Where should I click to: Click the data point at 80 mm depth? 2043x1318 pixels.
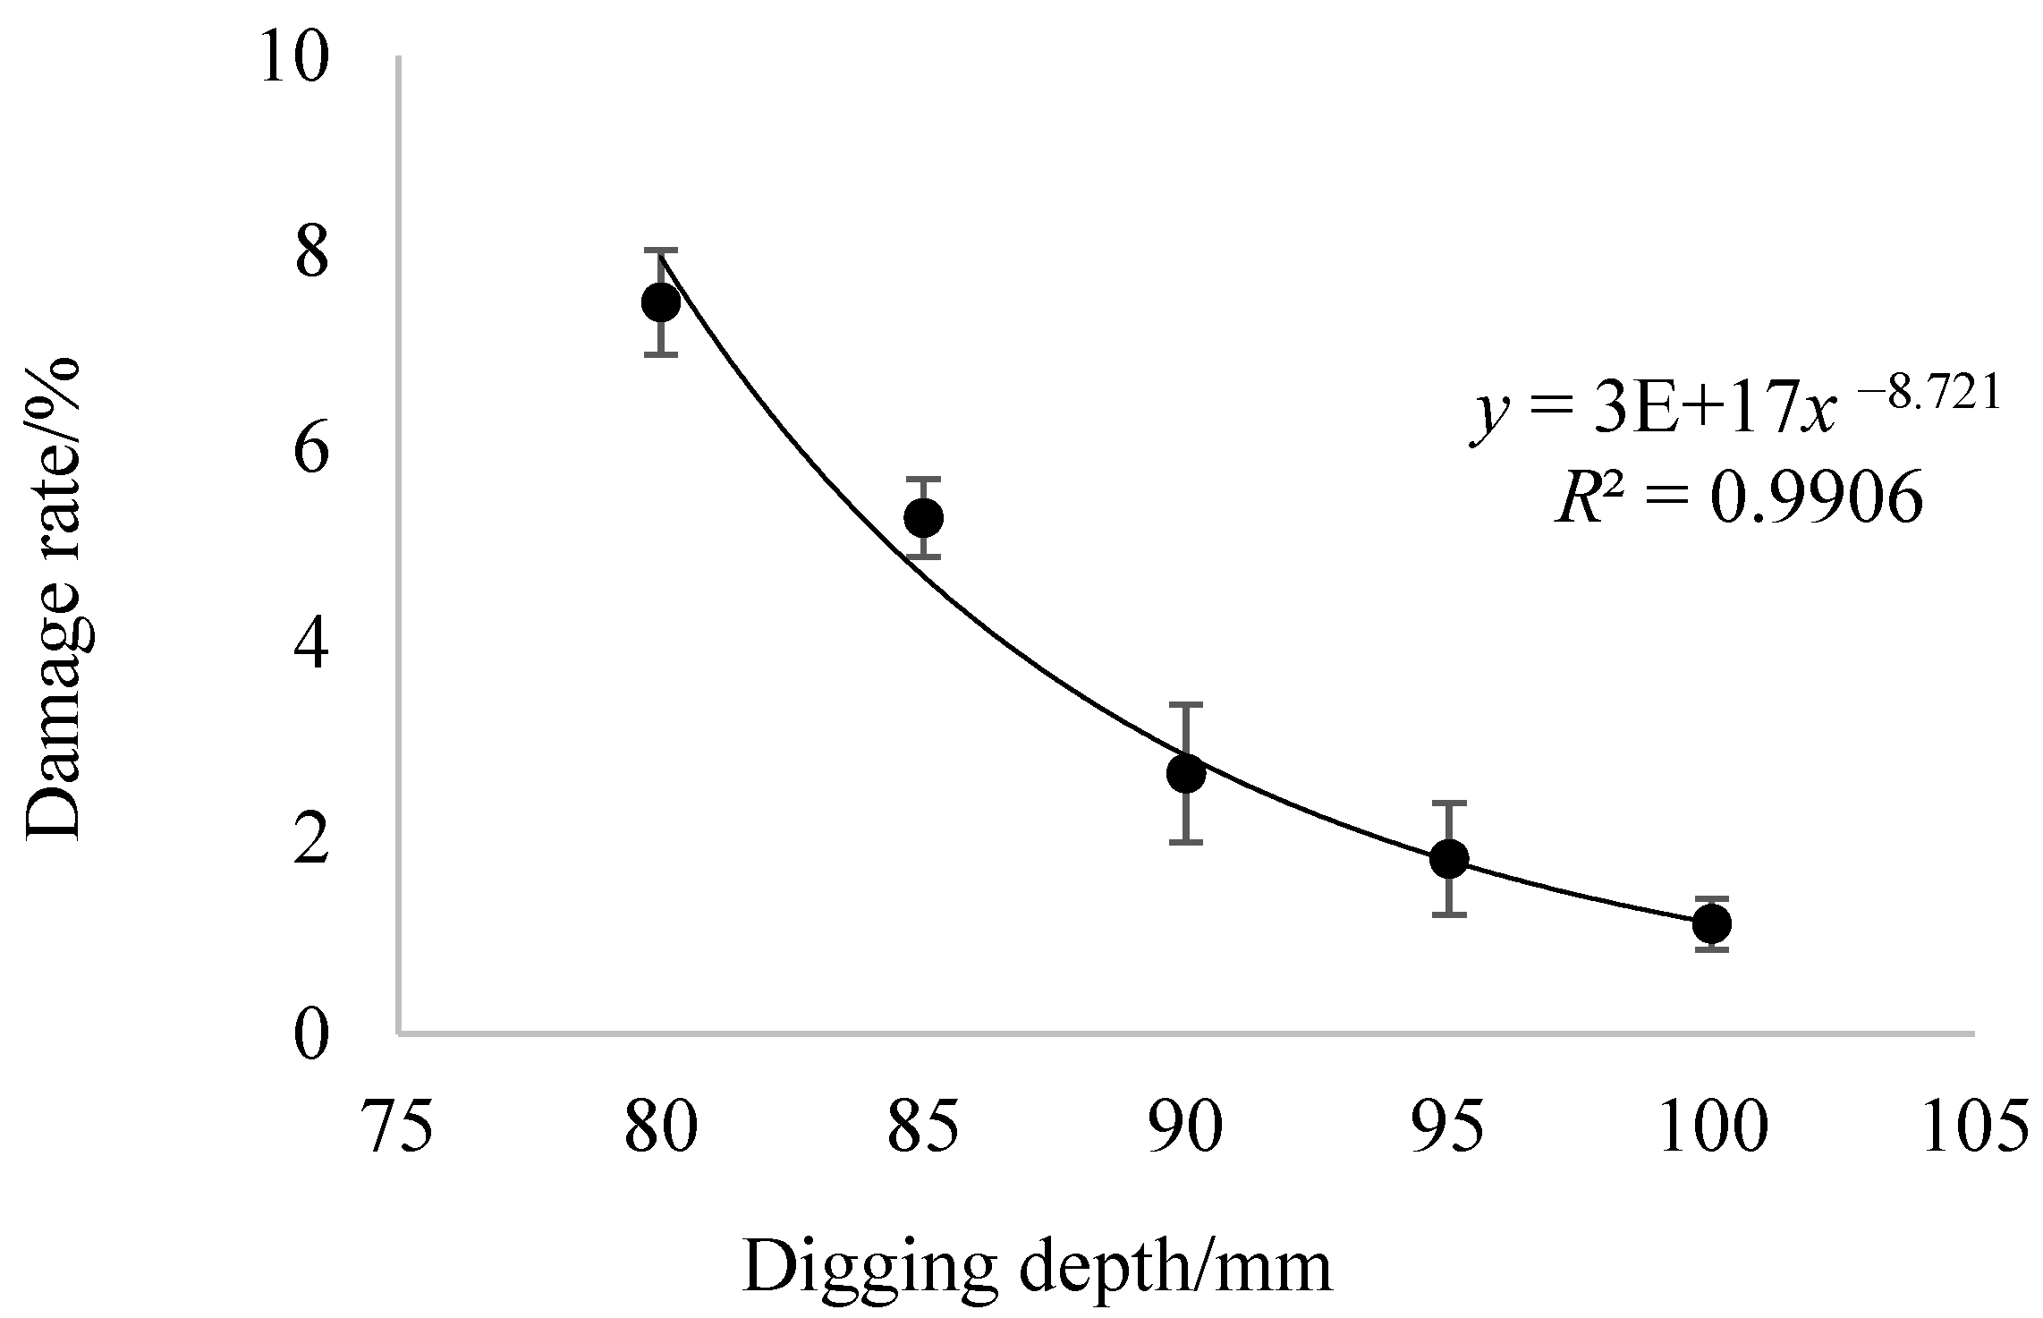661,302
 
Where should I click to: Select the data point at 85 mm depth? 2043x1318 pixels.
923,517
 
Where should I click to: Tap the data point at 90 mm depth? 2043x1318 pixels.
1186,773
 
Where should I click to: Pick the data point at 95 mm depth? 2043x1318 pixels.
1449,858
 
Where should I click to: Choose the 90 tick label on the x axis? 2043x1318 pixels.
1186,1127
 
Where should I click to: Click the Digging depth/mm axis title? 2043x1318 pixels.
1036,1267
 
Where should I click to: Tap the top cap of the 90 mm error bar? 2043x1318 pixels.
1186,705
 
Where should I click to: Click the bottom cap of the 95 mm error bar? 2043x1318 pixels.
1449,914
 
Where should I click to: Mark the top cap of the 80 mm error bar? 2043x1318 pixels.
661,250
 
